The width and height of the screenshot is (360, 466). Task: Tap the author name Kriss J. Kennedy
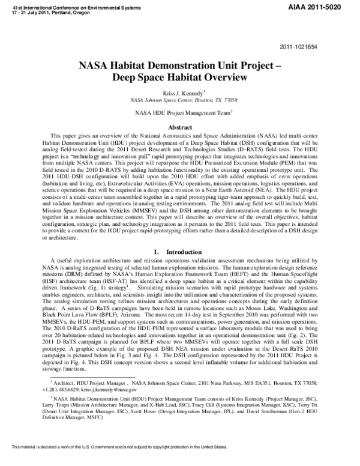179,92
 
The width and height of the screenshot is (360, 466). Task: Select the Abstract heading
179,128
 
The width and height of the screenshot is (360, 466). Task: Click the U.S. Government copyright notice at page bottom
115,461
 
